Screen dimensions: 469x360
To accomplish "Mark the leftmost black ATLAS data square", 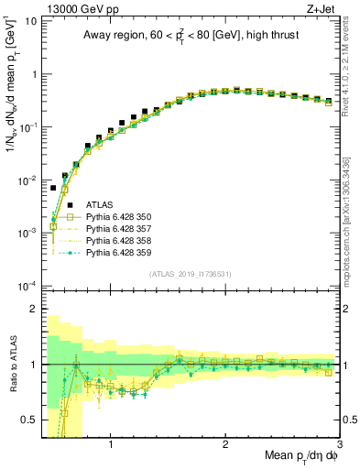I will [x=53, y=188].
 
